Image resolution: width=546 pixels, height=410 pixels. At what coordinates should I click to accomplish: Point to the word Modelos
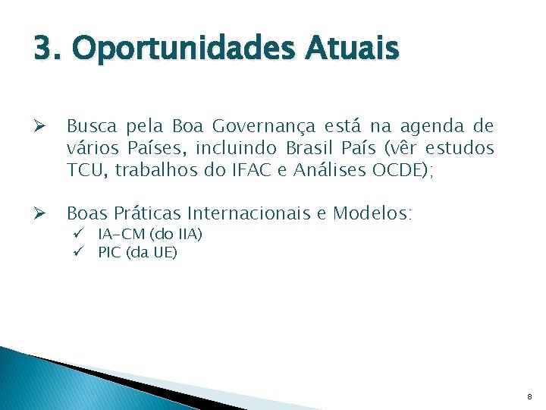coord(374,213)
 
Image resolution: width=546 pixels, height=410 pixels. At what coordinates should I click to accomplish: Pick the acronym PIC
coord(110,252)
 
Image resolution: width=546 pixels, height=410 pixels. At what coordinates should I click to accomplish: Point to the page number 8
coord(530,396)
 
